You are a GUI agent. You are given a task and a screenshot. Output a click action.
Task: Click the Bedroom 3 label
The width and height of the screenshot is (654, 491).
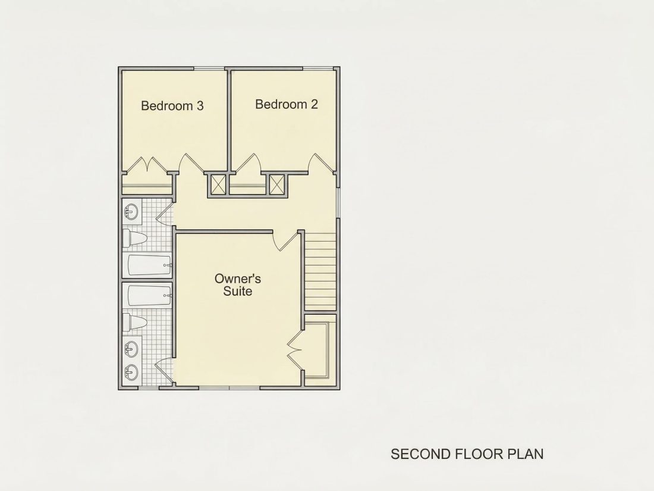172,105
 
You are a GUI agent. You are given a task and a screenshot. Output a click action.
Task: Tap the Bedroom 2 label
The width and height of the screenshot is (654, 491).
287,104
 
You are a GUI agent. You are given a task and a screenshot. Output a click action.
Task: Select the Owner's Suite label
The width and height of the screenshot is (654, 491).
238,284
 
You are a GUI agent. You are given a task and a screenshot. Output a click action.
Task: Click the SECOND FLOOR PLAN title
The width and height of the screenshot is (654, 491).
467,454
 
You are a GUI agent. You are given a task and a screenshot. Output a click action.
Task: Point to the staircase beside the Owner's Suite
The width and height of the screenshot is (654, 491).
320,271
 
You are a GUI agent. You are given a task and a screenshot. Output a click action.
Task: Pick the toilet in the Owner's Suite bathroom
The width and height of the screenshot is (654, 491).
135,323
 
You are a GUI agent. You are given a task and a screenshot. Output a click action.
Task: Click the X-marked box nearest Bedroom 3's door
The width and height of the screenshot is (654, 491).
218,184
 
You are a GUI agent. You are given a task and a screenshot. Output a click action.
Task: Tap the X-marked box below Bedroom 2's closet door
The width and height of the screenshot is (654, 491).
276,184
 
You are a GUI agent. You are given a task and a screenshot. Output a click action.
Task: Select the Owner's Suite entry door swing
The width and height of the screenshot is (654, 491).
286,241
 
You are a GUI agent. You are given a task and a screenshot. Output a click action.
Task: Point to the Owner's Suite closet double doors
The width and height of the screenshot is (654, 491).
294,350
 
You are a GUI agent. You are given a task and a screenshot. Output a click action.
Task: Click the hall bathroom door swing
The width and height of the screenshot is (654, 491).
164,213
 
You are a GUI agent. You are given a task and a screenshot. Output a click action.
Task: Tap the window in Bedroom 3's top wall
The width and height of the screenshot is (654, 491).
209,68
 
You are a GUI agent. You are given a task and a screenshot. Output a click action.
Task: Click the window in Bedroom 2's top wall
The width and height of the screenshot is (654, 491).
318,68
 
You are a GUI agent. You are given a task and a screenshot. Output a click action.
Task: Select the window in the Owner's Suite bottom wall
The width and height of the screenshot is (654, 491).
229,388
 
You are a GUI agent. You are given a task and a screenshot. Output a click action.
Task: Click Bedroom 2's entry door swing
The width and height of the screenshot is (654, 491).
321,163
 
